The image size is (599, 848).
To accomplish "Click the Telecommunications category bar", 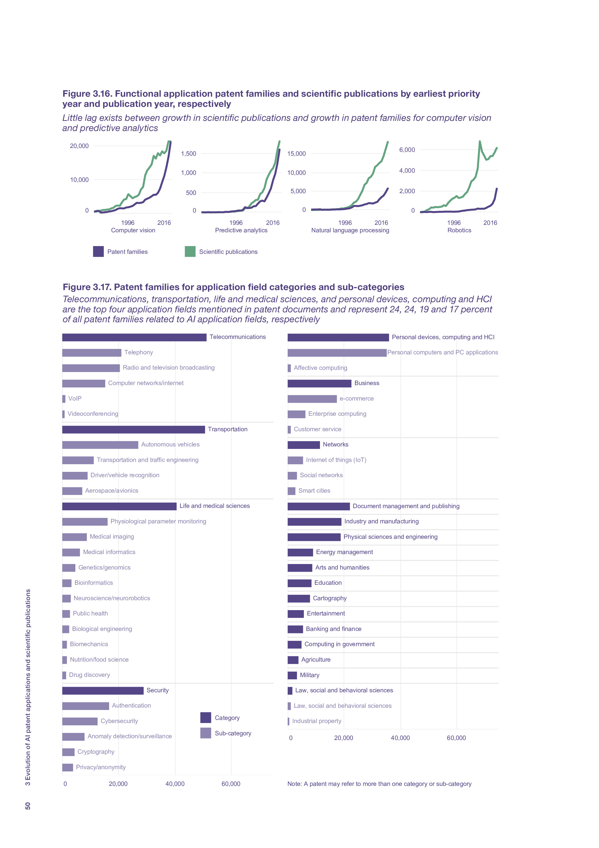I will click(x=134, y=337).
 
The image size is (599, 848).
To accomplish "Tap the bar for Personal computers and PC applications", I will click(x=337, y=353).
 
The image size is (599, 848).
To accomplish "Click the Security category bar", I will click(x=103, y=691).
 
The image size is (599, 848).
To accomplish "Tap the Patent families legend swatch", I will click(x=98, y=251).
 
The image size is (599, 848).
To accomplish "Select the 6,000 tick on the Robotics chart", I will click(x=407, y=150).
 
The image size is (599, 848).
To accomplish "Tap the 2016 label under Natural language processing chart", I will click(x=381, y=223).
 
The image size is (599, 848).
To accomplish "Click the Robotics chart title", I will click(x=459, y=230).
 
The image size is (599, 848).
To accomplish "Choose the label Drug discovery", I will click(x=89, y=675).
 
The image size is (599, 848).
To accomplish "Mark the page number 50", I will click(x=28, y=806).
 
